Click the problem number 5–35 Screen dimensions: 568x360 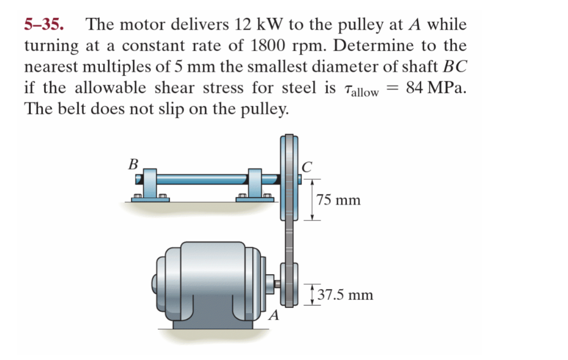pos(44,24)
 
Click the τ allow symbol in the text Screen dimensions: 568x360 pos(361,90)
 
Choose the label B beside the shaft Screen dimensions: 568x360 pos(134,164)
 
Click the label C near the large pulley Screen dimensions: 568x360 pos(307,167)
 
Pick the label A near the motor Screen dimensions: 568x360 pos(274,315)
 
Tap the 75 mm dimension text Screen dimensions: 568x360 pos(339,200)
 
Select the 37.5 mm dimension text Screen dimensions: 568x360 pos(345,295)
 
